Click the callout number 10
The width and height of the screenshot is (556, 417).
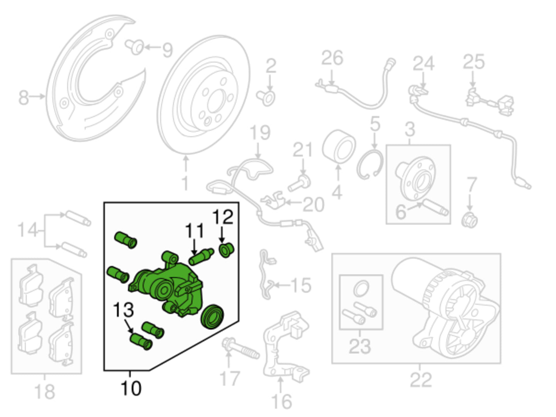coord(131,388)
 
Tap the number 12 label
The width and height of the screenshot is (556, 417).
coord(223,217)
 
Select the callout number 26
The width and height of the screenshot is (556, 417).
coord(332,58)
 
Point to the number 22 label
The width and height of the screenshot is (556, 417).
coord(421,380)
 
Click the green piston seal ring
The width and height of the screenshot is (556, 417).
coord(212,317)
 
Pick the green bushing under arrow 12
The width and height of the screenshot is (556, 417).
coord(226,250)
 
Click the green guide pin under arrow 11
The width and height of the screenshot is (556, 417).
coord(202,257)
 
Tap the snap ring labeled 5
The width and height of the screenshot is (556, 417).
coord(370,164)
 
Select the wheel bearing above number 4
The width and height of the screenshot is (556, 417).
coord(339,147)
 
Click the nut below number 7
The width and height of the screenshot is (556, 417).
coord(470,220)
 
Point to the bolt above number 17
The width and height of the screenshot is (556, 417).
coord(241,348)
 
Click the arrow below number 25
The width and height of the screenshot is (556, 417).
coord(473,79)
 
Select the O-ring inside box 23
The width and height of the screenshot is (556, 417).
coord(361,289)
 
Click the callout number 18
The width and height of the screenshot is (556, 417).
coord(44,392)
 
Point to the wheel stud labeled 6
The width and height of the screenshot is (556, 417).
coord(436,207)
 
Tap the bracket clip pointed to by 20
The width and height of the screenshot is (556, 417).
coord(273,200)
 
